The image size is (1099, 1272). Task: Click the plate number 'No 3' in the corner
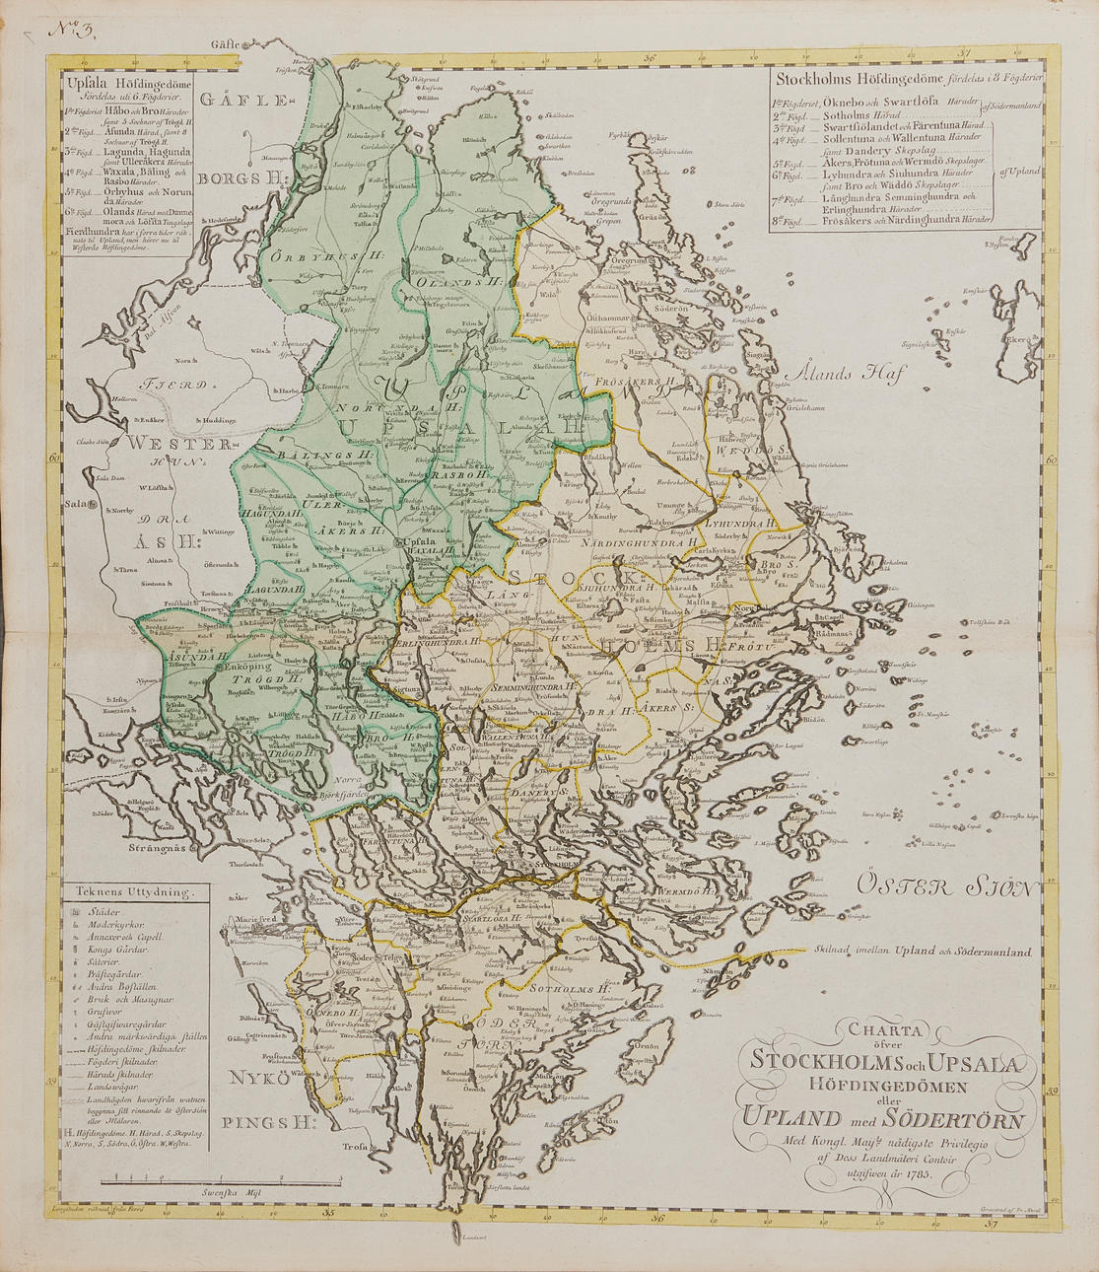coord(72,29)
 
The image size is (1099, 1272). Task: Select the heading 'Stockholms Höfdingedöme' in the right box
coord(859,79)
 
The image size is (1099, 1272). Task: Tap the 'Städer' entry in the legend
coord(103,913)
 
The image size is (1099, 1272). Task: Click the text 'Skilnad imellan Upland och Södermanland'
coord(923,952)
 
